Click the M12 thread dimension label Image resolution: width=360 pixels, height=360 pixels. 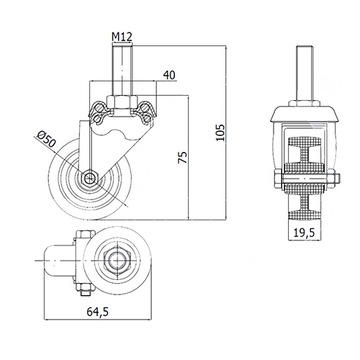point(122,37)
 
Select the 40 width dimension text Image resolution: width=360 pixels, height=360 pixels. point(169,75)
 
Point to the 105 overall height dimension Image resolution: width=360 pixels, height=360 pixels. point(221,132)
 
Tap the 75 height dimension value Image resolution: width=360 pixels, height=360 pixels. point(183,158)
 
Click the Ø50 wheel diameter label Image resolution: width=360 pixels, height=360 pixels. point(47,139)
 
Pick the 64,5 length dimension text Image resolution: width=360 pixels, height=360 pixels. point(98,312)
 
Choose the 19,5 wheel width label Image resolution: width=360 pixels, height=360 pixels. point(304,233)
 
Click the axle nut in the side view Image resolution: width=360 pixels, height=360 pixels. point(89,179)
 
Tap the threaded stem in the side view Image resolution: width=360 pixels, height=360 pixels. point(122,70)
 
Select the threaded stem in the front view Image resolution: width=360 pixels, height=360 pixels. point(304,73)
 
